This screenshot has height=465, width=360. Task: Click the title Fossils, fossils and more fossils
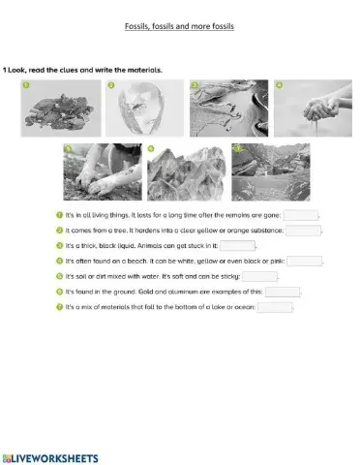click(x=181, y=26)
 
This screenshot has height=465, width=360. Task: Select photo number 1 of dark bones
click(x=61, y=109)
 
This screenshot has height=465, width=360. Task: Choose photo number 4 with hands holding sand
click(x=306, y=109)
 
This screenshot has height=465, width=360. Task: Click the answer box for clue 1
click(x=300, y=215)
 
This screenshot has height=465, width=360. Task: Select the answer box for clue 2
click(x=303, y=231)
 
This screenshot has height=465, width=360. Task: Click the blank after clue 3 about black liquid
click(x=237, y=246)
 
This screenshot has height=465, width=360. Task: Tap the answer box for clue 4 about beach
click(x=305, y=261)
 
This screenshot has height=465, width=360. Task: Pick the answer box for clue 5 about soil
click(x=259, y=276)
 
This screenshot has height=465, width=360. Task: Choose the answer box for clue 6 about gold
click(x=283, y=292)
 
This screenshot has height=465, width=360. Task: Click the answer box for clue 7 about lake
click(x=275, y=307)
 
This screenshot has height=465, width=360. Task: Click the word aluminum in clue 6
click(x=211, y=292)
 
